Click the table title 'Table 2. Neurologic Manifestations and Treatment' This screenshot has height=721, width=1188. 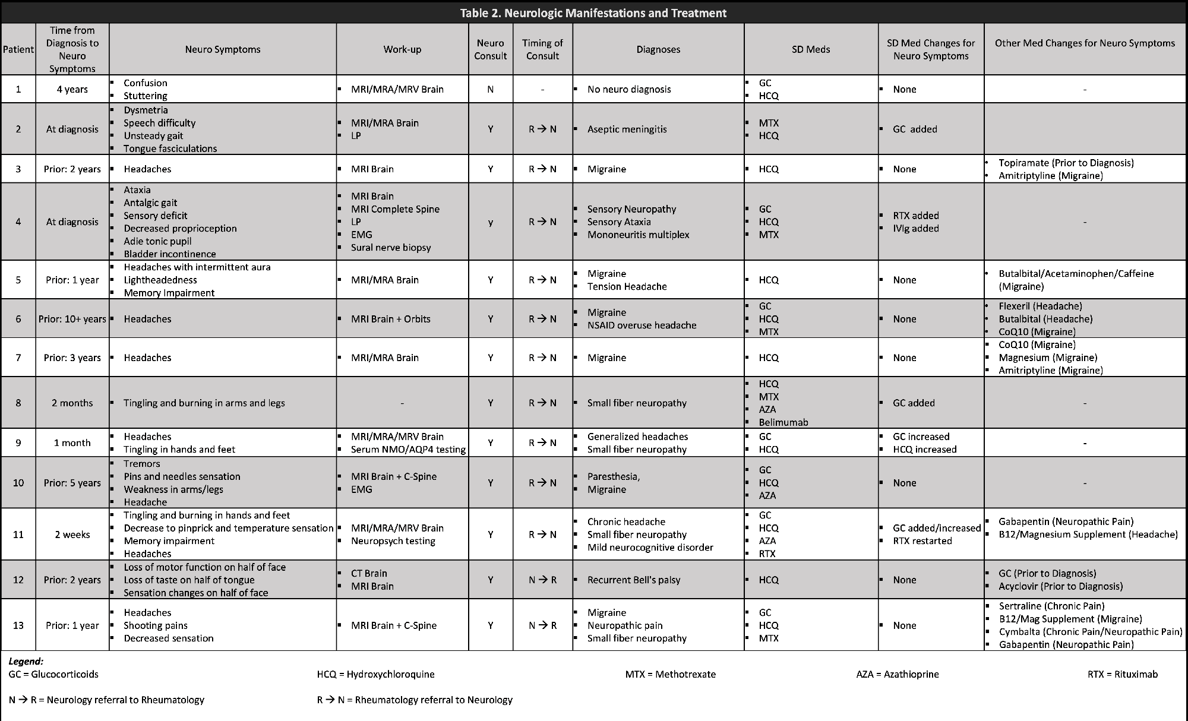coord(593,13)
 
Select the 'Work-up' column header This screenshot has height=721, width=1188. coord(402,49)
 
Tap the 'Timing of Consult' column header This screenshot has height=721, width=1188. coord(542,49)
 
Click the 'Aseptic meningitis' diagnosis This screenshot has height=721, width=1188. coord(627,129)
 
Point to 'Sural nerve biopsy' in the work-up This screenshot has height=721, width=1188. coord(391,248)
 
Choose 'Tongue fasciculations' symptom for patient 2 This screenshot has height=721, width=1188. coord(170,148)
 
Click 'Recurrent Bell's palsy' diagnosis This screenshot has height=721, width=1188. coord(634,580)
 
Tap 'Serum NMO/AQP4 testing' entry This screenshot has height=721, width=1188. coord(408,450)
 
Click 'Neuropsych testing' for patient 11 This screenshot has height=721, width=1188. coord(393,541)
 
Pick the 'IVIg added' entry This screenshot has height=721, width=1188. coord(915,229)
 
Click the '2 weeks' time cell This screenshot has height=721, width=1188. coord(72,535)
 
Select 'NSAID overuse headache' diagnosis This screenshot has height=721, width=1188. coord(642,325)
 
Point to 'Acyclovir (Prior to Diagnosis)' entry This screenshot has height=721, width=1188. coord(1060,587)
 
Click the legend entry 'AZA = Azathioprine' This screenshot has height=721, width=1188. coord(897,674)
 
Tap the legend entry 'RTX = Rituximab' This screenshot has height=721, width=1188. coord(1122,674)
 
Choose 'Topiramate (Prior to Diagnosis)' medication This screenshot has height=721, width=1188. coord(1066,163)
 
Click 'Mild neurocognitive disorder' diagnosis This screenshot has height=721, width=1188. coord(650,548)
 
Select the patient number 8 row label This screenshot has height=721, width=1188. coord(18,403)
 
